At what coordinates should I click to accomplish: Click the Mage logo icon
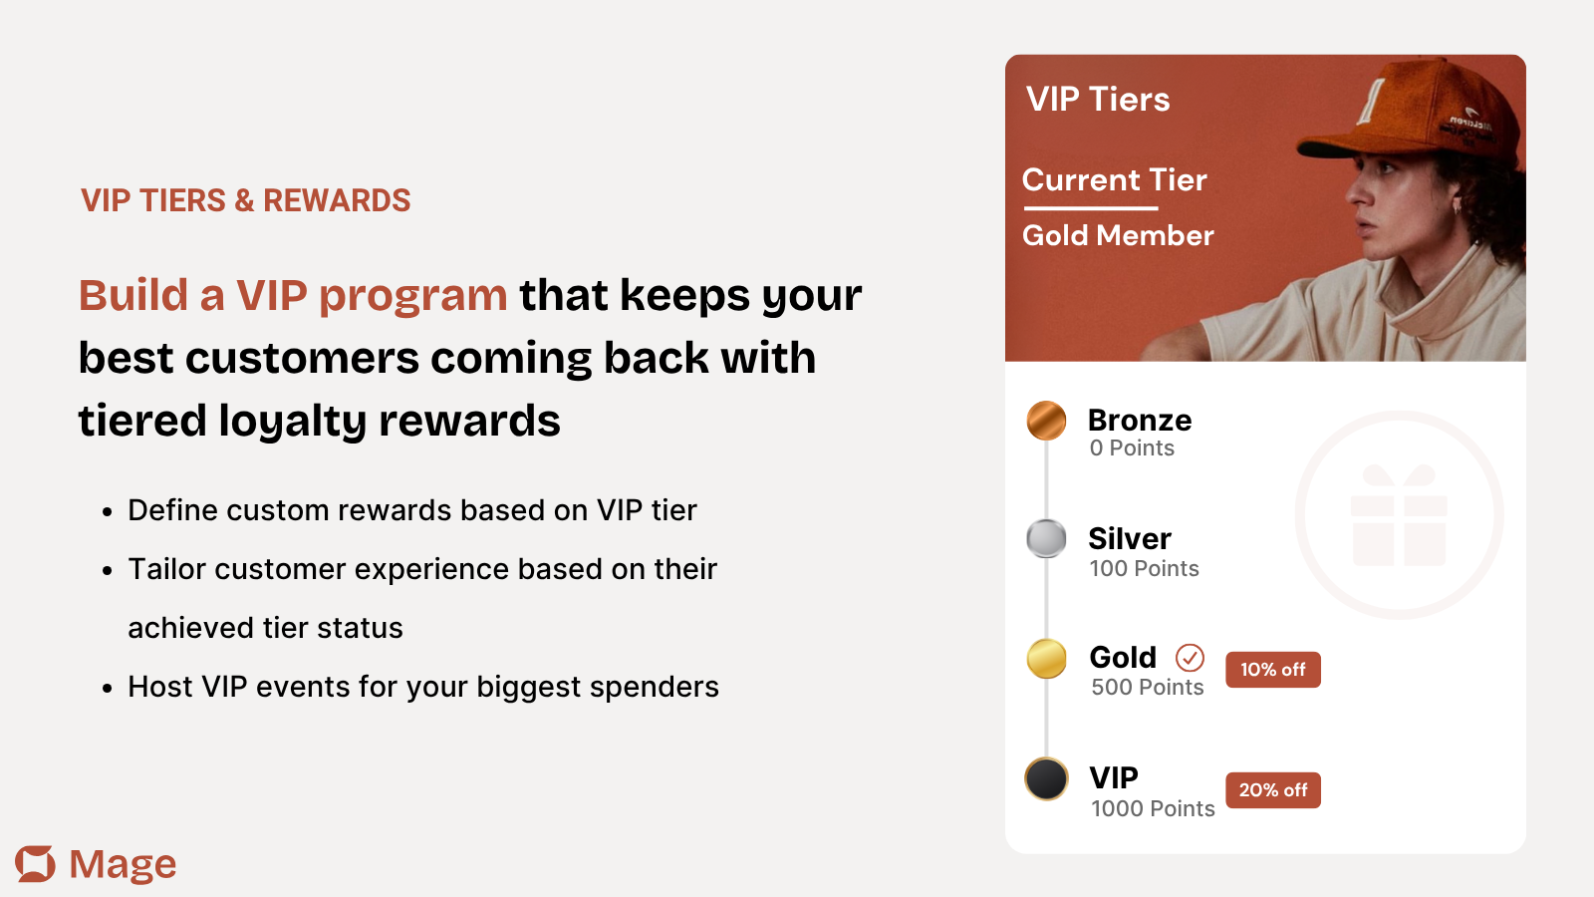click(x=35, y=863)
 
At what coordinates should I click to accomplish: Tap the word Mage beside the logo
click(x=123, y=864)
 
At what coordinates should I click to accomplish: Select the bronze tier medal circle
click(x=1046, y=420)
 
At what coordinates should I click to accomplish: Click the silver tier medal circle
click(x=1046, y=538)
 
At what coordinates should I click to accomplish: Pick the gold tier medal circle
click(x=1046, y=658)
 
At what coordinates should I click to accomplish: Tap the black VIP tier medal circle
click(x=1046, y=778)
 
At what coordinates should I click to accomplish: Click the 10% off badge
click(x=1273, y=669)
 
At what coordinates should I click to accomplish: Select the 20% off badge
click(x=1273, y=790)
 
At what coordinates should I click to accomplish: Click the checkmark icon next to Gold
click(x=1190, y=658)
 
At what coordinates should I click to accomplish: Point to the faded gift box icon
click(x=1399, y=515)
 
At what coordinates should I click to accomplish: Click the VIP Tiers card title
click(x=1098, y=99)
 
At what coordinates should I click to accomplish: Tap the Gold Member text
click(x=1118, y=235)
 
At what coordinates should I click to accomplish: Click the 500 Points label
click(x=1147, y=687)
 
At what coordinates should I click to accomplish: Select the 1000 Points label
click(x=1153, y=808)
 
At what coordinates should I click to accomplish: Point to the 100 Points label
click(x=1145, y=568)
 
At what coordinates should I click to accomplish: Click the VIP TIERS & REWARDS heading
click(x=245, y=200)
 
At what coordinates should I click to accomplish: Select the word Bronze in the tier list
click(x=1140, y=421)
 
